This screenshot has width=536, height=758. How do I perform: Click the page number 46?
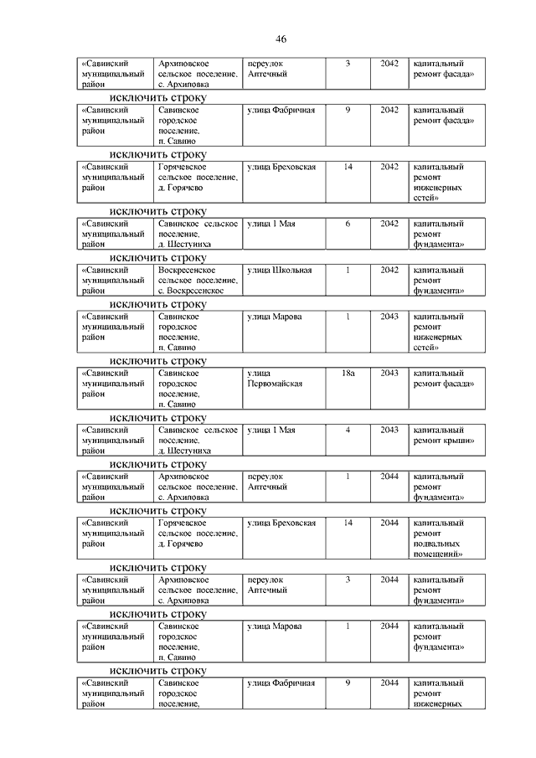[281, 39]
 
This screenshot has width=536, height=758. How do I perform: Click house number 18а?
[348, 373]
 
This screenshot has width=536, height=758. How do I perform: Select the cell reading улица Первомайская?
[274, 378]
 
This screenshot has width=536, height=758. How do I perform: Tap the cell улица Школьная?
[280, 271]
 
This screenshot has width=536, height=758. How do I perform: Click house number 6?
[348, 224]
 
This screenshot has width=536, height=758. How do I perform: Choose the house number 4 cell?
[348, 430]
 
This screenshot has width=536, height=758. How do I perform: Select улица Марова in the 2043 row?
[274, 317]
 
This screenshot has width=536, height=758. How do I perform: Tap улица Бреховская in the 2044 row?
[281, 523]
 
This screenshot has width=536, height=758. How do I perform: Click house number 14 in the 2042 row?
[348, 168]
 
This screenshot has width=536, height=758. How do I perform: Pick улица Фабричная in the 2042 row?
[281, 111]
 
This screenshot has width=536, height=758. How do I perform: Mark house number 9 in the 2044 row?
[348, 683]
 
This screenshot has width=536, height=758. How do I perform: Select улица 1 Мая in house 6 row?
[270, 224]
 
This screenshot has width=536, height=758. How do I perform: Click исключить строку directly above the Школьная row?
[157, 258]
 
